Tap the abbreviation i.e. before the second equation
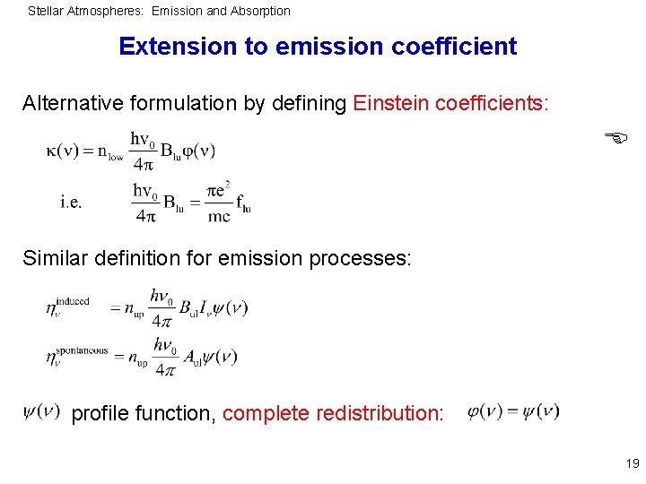[72, 202]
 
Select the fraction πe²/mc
[219, 203]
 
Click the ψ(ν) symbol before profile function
[41, 411]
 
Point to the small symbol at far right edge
[615, 137]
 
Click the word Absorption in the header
[259, 12]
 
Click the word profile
[100, 413]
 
